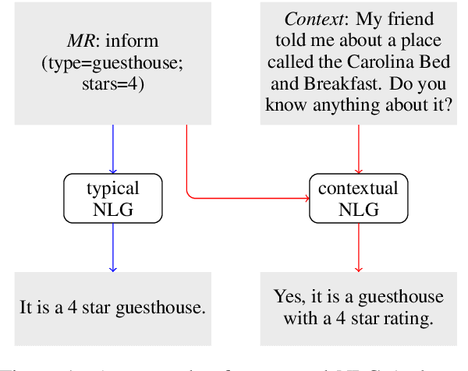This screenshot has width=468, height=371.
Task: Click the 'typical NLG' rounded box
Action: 113,198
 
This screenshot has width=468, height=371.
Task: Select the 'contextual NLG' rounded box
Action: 359,198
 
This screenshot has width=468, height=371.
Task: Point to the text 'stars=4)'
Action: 113,83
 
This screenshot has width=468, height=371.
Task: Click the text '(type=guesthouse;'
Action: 113,62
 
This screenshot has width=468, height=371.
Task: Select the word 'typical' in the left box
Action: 113,188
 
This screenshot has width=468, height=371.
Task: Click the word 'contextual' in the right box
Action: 359,188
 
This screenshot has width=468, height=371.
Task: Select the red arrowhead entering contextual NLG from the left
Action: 305,198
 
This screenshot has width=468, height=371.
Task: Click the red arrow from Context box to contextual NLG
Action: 359,148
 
